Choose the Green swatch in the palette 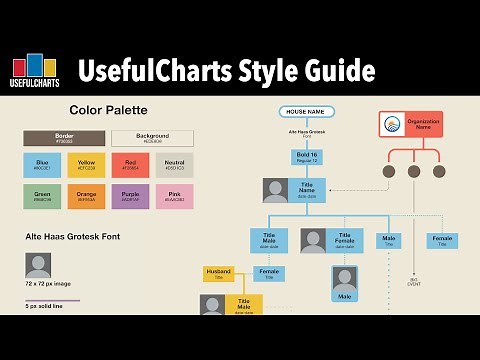coord(41,197)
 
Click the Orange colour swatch coord(85,197)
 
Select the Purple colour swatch coord(130,197)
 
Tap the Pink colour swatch coord(174,197)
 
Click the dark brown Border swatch coord(64,138)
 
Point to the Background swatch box coord(152,138)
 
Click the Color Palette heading coord(109,110)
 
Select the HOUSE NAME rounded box coord(306,112)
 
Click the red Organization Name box coord(410,125)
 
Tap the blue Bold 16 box coord(306,156)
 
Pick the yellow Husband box coord(219,272)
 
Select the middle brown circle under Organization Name coord(414,171)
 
